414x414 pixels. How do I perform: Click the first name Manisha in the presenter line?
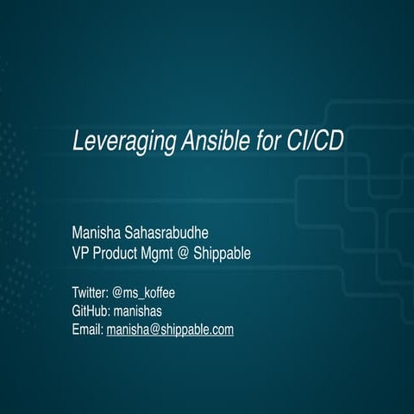point(99,234)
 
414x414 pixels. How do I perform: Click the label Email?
point(88,329)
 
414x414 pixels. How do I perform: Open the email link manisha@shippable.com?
point(170,329)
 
